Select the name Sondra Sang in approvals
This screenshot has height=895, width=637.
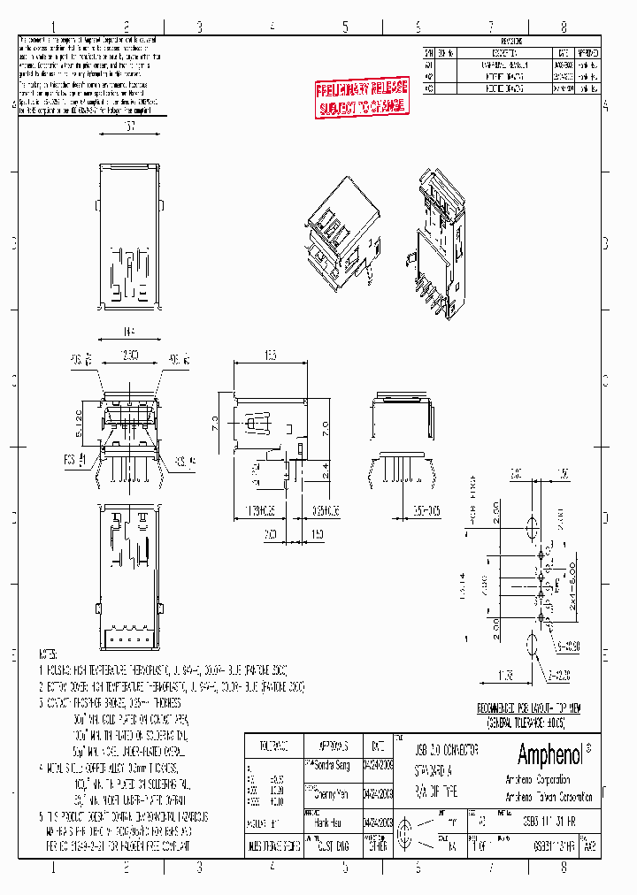point(328,762)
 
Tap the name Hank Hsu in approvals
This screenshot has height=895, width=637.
point(324,820)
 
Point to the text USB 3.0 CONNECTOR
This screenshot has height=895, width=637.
point(448,749)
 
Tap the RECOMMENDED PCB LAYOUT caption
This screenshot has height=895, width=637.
point(528,708)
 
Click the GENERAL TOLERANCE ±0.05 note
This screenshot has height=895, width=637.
point(528,721)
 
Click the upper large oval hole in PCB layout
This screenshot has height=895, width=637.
point(532,529)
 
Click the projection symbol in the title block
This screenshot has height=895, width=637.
point(407,833)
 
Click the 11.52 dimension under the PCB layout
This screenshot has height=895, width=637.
point(506,676)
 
